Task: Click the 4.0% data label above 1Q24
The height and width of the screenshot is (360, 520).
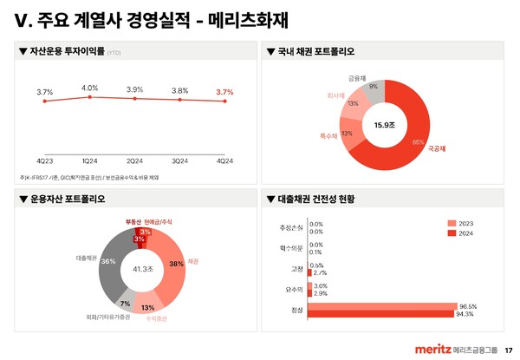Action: (89, 88)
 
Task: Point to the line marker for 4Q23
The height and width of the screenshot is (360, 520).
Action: (45, 101)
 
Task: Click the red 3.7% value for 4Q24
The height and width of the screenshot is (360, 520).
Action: (224, 92)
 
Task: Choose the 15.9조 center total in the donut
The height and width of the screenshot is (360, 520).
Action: (384, 125)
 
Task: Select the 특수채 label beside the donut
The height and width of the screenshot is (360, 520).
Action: (328, 136)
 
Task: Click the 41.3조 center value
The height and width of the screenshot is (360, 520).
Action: (143, 270)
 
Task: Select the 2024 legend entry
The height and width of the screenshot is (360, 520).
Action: (464, 233)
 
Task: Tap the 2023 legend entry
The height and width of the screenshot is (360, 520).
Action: (464, 223)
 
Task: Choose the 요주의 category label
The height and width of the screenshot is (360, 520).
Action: (296, 289)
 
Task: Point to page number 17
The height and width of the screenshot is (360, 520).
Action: (509, 350)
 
